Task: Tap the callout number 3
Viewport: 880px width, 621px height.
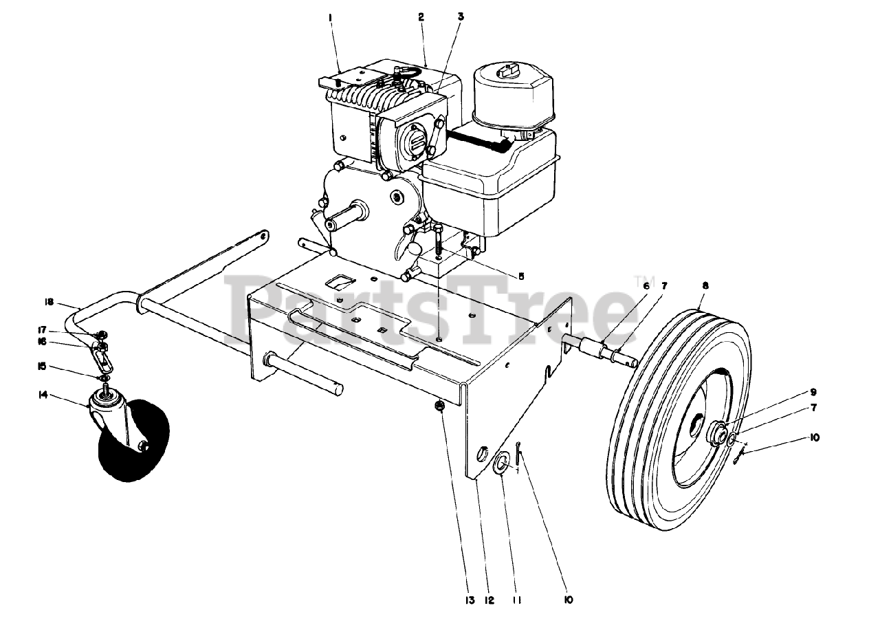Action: coord(461,15)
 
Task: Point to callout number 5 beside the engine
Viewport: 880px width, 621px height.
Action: coord(520,276)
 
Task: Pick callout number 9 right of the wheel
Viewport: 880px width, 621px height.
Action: coord(813,392)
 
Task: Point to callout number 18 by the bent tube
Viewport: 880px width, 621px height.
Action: coord(49,301)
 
